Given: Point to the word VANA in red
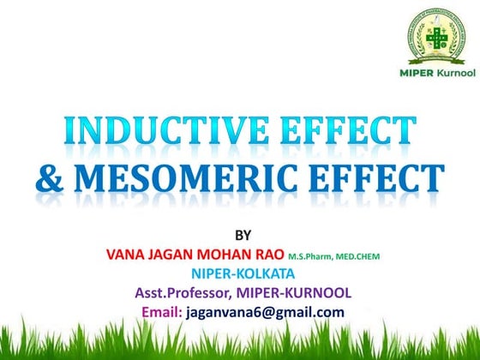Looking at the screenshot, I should click(127, 255).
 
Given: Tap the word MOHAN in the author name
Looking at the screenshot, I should click(243, 255).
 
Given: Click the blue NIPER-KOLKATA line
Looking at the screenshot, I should click(243, 274).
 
